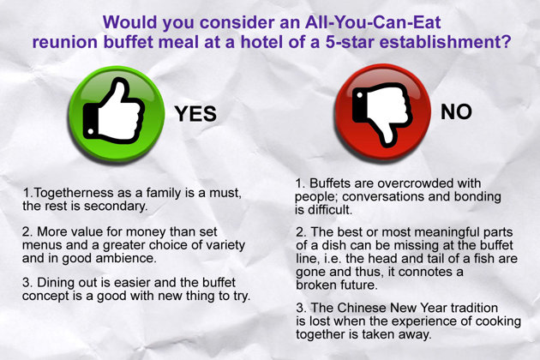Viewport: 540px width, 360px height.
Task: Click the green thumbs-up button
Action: pyautogui.click(x=117, y=114)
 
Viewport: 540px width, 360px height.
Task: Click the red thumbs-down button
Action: pyautogui.click(x=382, y=112)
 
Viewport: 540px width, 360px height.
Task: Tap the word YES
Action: pyautogui.click(x=195, y=114)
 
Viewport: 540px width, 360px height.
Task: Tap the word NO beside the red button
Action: pyautogui.click(x=456, y=111)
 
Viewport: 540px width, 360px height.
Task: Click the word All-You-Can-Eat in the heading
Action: pyautogui.click(x=373, y=22)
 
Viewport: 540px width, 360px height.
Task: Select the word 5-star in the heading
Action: pyautogui.click(x=350, y=42)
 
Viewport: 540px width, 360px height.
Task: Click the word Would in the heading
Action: pyautogui.click(x=130, y=22)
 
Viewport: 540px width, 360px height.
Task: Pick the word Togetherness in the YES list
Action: pyautogui.click(x=75, y=193)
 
